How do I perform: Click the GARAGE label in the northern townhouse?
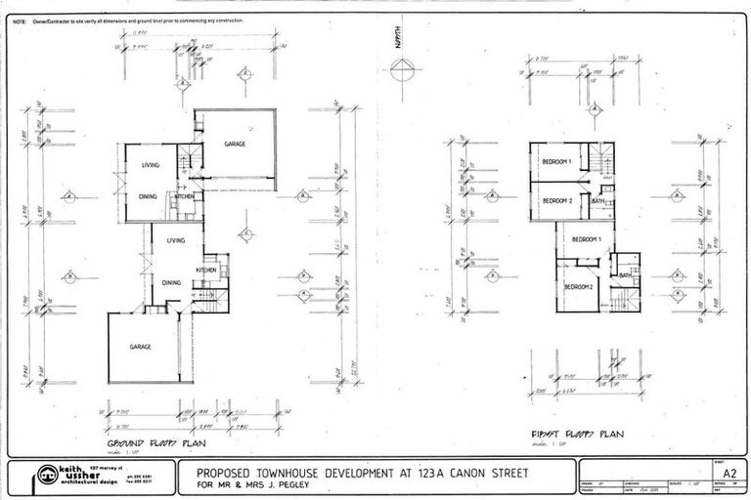(x=235, y=144)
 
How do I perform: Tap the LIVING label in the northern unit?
(x=149, y=165)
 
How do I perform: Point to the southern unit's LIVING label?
(x=177, y=239)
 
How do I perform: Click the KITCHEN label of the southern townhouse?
(x=206, y=270)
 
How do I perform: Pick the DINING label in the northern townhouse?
(x=149, y=195)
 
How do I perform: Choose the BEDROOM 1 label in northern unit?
(x=556, y=162)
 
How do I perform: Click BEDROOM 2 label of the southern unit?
(x=578, y=287)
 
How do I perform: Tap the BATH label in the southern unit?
(x=624, y=276)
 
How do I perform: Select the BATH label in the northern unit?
(x=597, y=201)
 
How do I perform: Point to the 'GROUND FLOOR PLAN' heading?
(x=146, y=442)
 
